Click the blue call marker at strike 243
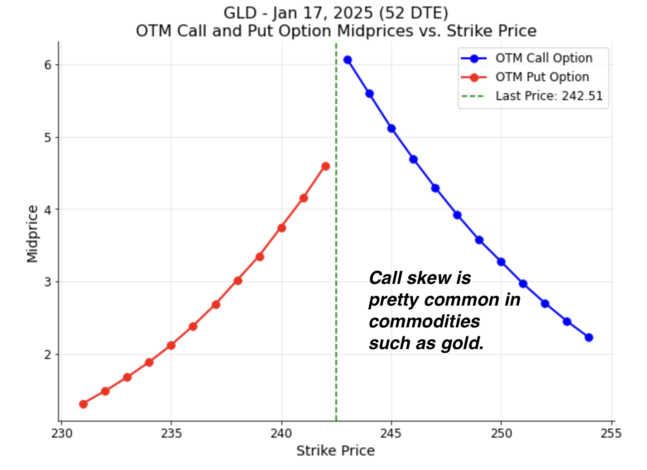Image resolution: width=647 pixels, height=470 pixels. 348,60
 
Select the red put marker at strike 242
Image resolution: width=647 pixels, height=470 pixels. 325,166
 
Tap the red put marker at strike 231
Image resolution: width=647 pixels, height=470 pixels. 83,404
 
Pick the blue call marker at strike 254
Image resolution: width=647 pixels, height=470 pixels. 589,337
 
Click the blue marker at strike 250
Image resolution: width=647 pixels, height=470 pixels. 501,262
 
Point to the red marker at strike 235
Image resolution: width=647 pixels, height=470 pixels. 171,345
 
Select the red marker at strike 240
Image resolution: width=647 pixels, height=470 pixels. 281,228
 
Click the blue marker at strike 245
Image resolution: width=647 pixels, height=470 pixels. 391,128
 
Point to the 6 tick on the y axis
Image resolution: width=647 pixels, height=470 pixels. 48,65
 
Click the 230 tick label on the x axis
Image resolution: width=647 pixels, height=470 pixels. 62,433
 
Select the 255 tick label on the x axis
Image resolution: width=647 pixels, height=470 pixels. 611,433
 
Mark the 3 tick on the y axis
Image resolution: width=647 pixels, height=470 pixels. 48,282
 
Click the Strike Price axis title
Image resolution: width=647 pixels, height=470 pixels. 335,451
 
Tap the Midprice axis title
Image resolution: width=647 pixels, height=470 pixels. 32,234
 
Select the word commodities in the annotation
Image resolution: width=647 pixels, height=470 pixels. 424,321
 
